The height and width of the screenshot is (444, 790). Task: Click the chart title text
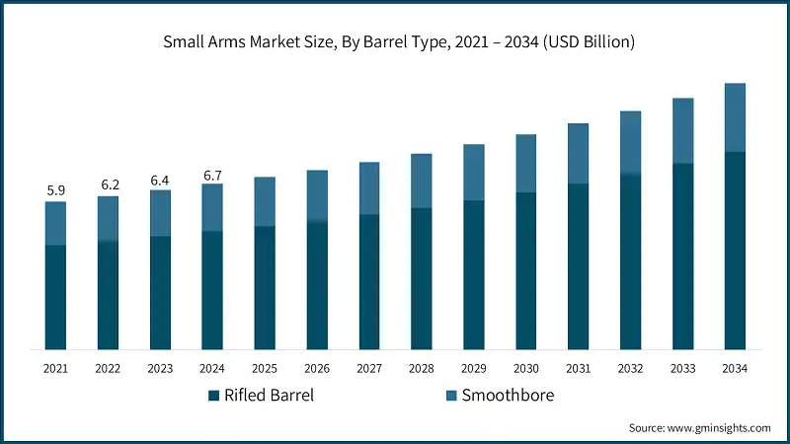coord(395,42)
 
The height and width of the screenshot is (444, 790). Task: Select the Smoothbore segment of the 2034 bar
coord(734,117)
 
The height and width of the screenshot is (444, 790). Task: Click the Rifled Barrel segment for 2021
coord(55,296)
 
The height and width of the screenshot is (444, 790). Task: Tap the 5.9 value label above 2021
coord(55,189)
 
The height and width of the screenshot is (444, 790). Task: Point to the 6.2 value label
coord(108,184)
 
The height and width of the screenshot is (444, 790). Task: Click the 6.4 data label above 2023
coord(160,179)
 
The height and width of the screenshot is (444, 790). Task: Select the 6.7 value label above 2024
coord(212,174)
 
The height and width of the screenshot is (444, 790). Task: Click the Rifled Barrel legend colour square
coord(213,396)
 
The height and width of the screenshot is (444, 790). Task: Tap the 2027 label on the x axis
coord(369,368)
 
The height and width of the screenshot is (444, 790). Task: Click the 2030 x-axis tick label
coord(525,368)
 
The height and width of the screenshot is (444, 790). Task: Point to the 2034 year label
coord(734,368)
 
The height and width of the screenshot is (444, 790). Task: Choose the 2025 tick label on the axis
coord(265,368)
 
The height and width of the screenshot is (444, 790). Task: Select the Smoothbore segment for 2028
coord(422,181)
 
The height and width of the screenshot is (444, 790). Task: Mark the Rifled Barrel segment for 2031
coord(578,266)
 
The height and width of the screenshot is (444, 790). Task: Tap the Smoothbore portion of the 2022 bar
coord(108,218)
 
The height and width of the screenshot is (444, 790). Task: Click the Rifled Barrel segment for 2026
coord(317,285)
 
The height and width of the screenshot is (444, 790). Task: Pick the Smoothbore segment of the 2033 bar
coord(682,130)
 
